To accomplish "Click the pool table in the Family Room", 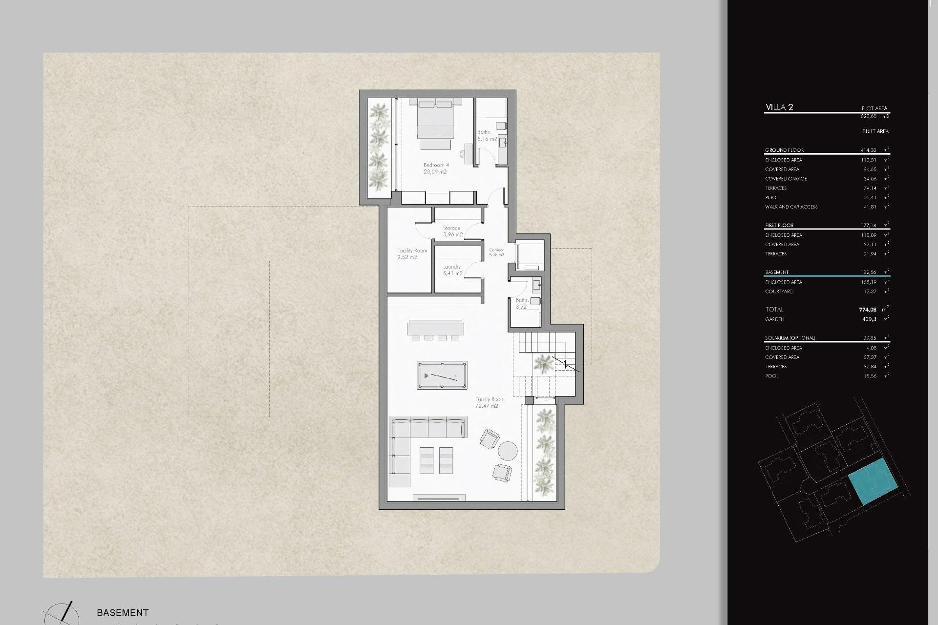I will click(x=442, y=375).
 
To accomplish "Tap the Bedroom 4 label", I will click(x=435, y=168).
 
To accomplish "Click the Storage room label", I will click(x=452, y=231).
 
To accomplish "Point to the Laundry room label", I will click(x=452, y=270).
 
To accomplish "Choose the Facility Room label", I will click(x=412, y=253).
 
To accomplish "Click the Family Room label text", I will click(x=490, y=402).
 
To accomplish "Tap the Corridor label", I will click(x=496, y=252).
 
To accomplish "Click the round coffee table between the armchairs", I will click(x=508, y=451).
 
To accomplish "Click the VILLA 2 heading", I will click(x=779, y=107).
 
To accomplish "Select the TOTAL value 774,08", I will click(x=868, y=310).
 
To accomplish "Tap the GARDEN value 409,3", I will click(x=869, y=319).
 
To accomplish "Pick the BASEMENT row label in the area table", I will click(x=777, y=272).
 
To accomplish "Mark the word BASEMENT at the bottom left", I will click(x=123, y=612).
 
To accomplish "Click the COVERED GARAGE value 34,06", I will click(x=870, y=179).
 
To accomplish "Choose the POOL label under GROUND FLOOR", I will click(x=772, y=198).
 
